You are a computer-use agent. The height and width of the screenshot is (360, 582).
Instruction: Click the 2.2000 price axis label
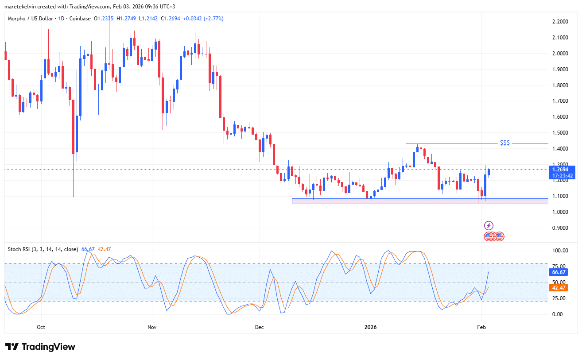[561, 22]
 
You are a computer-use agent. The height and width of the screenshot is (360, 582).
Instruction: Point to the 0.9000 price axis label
[561, 228]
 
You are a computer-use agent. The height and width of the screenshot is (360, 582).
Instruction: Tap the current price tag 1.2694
[561, 169]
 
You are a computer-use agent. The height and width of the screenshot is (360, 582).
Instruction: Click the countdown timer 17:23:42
[561, 176]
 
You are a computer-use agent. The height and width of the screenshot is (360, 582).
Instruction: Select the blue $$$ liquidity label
[504, 143]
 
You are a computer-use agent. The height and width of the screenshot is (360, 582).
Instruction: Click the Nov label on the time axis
[152, 328]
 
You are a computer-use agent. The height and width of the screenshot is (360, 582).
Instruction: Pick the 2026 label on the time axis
[370, 328]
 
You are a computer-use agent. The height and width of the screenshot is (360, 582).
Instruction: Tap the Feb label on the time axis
[481, 328]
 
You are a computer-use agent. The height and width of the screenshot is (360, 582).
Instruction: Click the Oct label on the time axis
[41, 328]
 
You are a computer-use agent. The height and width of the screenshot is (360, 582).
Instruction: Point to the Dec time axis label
[260, 328]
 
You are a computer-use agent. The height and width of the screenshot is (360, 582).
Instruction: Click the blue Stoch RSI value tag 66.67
[558, 272]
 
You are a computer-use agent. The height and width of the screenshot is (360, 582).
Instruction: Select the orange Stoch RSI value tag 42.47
[558, 288]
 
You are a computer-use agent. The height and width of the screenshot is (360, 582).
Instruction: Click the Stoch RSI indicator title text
[43, 249]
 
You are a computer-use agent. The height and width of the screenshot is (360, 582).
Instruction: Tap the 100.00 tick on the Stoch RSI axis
[559, 251]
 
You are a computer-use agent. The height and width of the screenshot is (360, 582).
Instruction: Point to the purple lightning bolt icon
[489, 225]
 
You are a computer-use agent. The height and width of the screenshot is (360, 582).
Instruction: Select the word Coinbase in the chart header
[81, 19]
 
